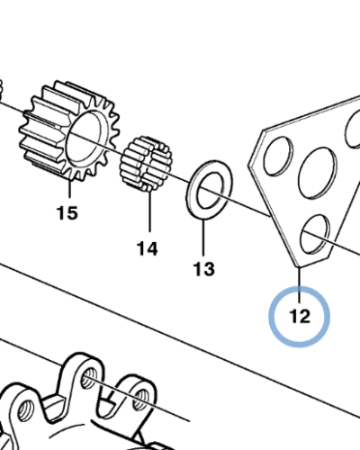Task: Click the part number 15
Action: click(x=67, y=212)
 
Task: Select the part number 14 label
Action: click(x=147, y=248)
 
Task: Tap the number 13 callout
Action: click(x=204, y=269)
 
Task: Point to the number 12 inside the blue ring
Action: click(x=300, y=316)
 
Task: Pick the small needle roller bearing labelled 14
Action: click(x=146, y=164)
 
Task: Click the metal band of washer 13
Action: click(x=191, y=192)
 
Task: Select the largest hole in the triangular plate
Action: click(x=318, y=173)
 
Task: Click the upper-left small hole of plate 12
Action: click(x=278, y=156)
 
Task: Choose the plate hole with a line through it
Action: click(x=315, y=234)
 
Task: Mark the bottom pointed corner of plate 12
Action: click(x=298, y=266)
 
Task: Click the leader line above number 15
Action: click(x=69, y=188)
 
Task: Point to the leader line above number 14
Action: click(x=149, y=211)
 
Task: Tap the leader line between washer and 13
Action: click(x=203, y=238)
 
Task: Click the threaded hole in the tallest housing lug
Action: click(x=89, y=377)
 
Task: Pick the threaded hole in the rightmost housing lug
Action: click(x=140, y=400)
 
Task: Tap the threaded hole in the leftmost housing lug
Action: click(x=25, y=412)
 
